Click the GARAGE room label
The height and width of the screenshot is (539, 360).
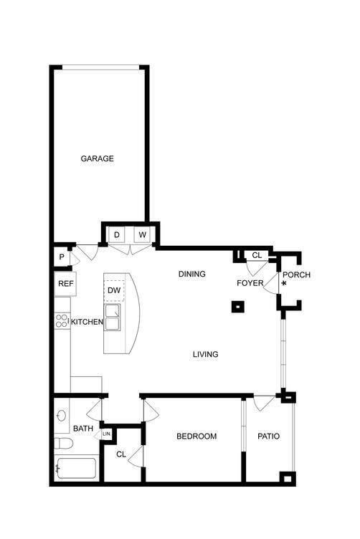coord(97,158)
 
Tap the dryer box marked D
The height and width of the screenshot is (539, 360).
coord(117,234)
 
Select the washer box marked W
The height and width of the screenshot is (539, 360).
coord(142,234)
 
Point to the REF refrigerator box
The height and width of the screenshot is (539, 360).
coord(65,284)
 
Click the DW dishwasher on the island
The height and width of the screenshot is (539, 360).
coord(115,290)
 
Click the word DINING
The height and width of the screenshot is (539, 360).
coord(192,274)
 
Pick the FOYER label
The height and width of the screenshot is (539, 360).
coord(250,283)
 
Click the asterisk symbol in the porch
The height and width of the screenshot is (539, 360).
coord(284,285)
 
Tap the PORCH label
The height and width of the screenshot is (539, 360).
coord(297,275)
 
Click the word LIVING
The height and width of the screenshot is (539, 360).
coord(206,354)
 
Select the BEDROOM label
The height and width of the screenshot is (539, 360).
coord(196,436)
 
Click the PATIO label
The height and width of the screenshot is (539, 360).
coord(268,436)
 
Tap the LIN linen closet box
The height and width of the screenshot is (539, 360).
coord(106,434)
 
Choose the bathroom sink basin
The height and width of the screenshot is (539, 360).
coord(62,415)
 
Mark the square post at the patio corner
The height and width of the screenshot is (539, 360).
coord(288,478)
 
